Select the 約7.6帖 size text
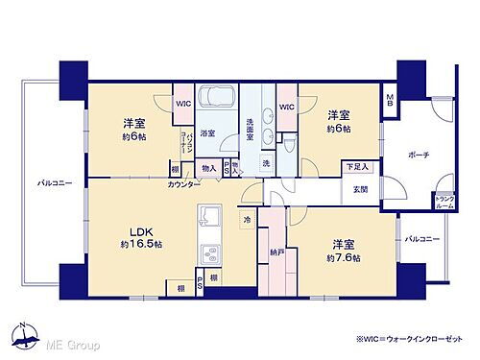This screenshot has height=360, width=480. click(x=342, y=257)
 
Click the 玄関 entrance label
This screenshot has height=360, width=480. click(x=360, y=188)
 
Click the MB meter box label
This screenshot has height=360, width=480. click(x=390, y=99)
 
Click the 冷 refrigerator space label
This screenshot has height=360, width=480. click(x=247, y=219)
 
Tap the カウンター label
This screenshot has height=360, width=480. click(x=183, y=183)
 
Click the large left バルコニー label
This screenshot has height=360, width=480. click(x=56, y=181)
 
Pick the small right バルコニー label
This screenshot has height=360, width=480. click(x=421, y=238)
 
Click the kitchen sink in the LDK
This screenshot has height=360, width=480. click(x=210, y=253)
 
